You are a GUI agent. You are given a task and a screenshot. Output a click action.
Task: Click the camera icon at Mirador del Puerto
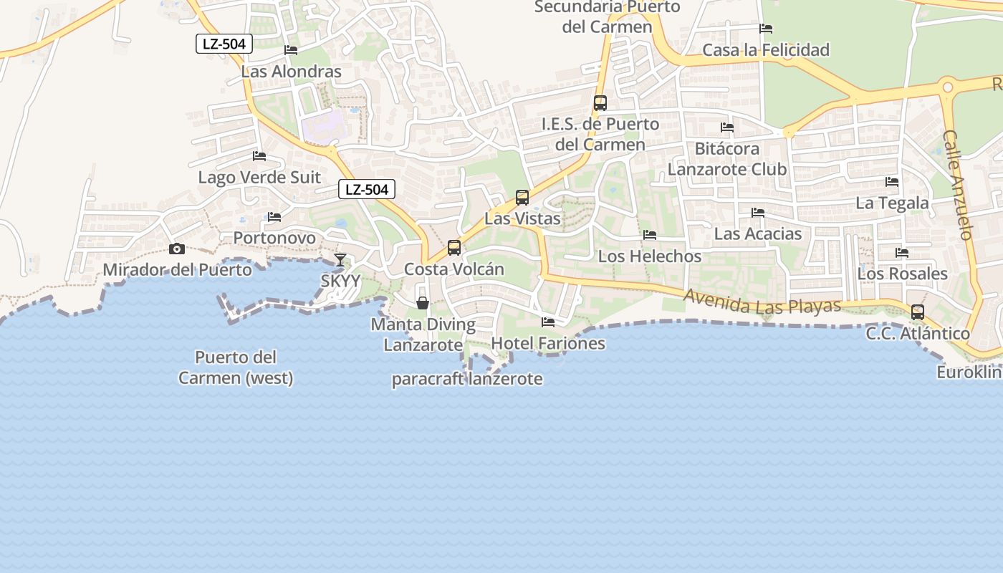point(176,249)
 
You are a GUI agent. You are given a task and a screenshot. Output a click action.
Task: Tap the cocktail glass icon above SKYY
point(340,259)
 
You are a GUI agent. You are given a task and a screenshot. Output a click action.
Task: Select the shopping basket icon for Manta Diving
point(423,303)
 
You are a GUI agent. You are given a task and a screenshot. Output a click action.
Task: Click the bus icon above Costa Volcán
point(454,248)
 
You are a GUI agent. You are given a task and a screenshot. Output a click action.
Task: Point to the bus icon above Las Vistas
point(522,197)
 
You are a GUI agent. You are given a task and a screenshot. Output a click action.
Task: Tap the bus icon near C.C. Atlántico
point(918,312)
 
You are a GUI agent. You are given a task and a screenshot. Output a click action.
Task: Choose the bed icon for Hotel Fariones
point(548,322)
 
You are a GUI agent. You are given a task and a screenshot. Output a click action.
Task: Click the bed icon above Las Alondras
point(291,50)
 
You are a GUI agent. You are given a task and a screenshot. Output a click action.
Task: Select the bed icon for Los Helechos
point(650,235)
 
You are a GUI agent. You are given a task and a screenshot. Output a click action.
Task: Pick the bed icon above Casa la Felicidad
point(766,29)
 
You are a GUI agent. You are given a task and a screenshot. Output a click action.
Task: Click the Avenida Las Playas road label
point(762,302)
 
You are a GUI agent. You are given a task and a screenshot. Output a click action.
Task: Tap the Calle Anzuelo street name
point(957,184)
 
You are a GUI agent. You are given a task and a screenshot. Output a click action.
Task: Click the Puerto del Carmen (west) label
point(236,367)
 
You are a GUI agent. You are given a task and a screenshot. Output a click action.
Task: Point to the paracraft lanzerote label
point(467,380)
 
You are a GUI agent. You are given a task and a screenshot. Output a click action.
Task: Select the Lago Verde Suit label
point(259,178)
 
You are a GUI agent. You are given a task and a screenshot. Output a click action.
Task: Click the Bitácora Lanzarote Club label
point(727,159)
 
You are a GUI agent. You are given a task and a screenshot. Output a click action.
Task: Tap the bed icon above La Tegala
point(892,182)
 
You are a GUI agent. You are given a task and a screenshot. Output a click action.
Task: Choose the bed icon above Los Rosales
point(902,253)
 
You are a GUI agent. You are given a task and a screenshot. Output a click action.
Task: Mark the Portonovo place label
point(274,238)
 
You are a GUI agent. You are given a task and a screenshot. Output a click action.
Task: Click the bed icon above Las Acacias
point(758,213)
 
